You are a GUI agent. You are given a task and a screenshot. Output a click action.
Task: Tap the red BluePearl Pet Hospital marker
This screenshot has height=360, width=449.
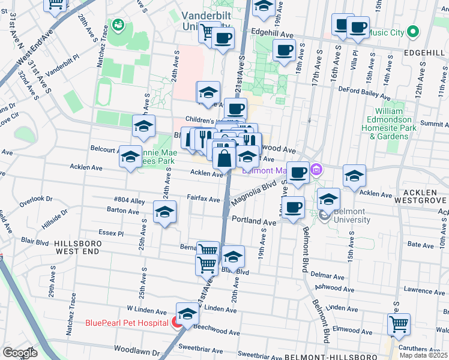tap(178, 323)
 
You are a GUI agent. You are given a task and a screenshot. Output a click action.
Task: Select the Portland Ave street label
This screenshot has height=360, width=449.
tap(254, 221)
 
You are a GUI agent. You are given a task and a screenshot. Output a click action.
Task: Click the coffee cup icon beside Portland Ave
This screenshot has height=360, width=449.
tap(293, 208)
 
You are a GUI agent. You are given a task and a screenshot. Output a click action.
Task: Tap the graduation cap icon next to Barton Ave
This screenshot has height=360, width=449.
tap(164, 212)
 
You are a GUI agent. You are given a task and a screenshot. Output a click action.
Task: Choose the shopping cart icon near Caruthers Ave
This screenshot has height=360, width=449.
tap(398, 324)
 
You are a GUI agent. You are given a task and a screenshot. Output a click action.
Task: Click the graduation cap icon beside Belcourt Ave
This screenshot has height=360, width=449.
tap(131, 157)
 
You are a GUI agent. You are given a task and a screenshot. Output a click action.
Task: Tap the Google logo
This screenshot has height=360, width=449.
tap(20, 353)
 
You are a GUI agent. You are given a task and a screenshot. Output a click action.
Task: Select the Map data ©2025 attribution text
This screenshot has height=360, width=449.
tap(424, 355)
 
